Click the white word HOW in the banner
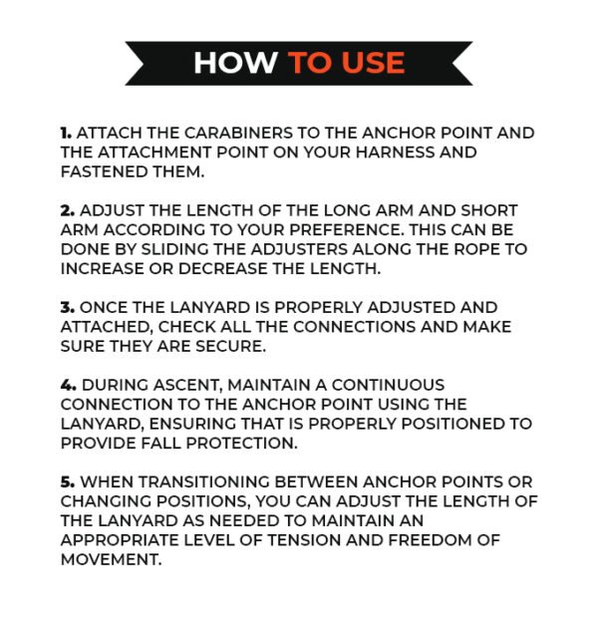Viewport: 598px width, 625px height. (x=235, y=63)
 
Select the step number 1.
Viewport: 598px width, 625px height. (x=66, y=133)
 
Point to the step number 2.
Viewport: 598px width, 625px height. (x=68, y=210)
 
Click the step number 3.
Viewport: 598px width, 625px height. (x=68, y=307)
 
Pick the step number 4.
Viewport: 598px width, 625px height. (x=68, y=385)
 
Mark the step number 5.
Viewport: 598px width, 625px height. (x=68, y=481)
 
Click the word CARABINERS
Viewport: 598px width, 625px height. (x=238, y=133)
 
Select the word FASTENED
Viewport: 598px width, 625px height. (x=105, y=171)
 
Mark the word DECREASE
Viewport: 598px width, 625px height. (x=223, y=268)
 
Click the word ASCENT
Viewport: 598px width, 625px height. (x=187, y=385)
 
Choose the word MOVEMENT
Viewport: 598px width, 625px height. (x=112, y=559)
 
